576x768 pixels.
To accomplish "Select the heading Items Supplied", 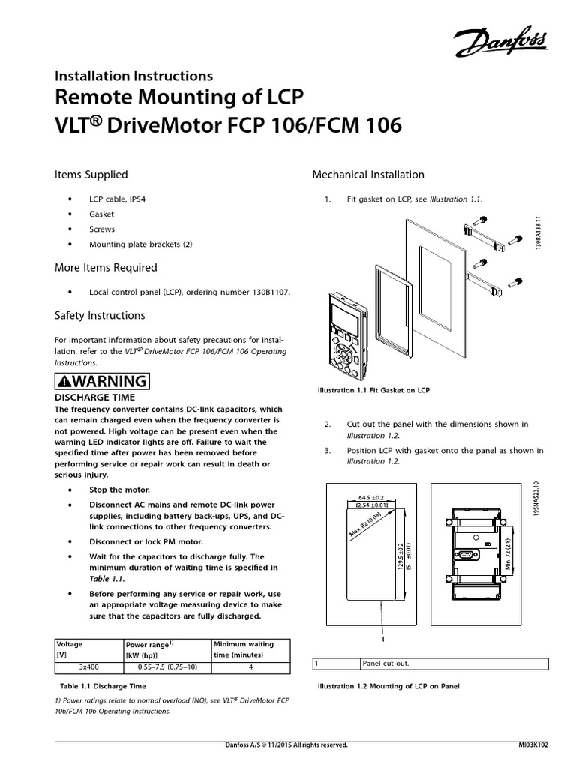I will [91, 175].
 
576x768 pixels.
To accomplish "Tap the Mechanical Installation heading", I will [367, 175].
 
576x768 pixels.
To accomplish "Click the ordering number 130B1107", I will [264, 292].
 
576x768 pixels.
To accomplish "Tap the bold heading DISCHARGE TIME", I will [95, 397].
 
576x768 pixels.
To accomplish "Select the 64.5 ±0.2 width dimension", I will [366, 497].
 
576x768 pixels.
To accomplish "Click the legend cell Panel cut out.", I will [385, 664].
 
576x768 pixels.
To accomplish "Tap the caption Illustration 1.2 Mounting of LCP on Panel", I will [388, 686].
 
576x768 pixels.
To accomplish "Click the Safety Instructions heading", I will [100, 316].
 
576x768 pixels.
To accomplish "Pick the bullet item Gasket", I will [101, 214].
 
